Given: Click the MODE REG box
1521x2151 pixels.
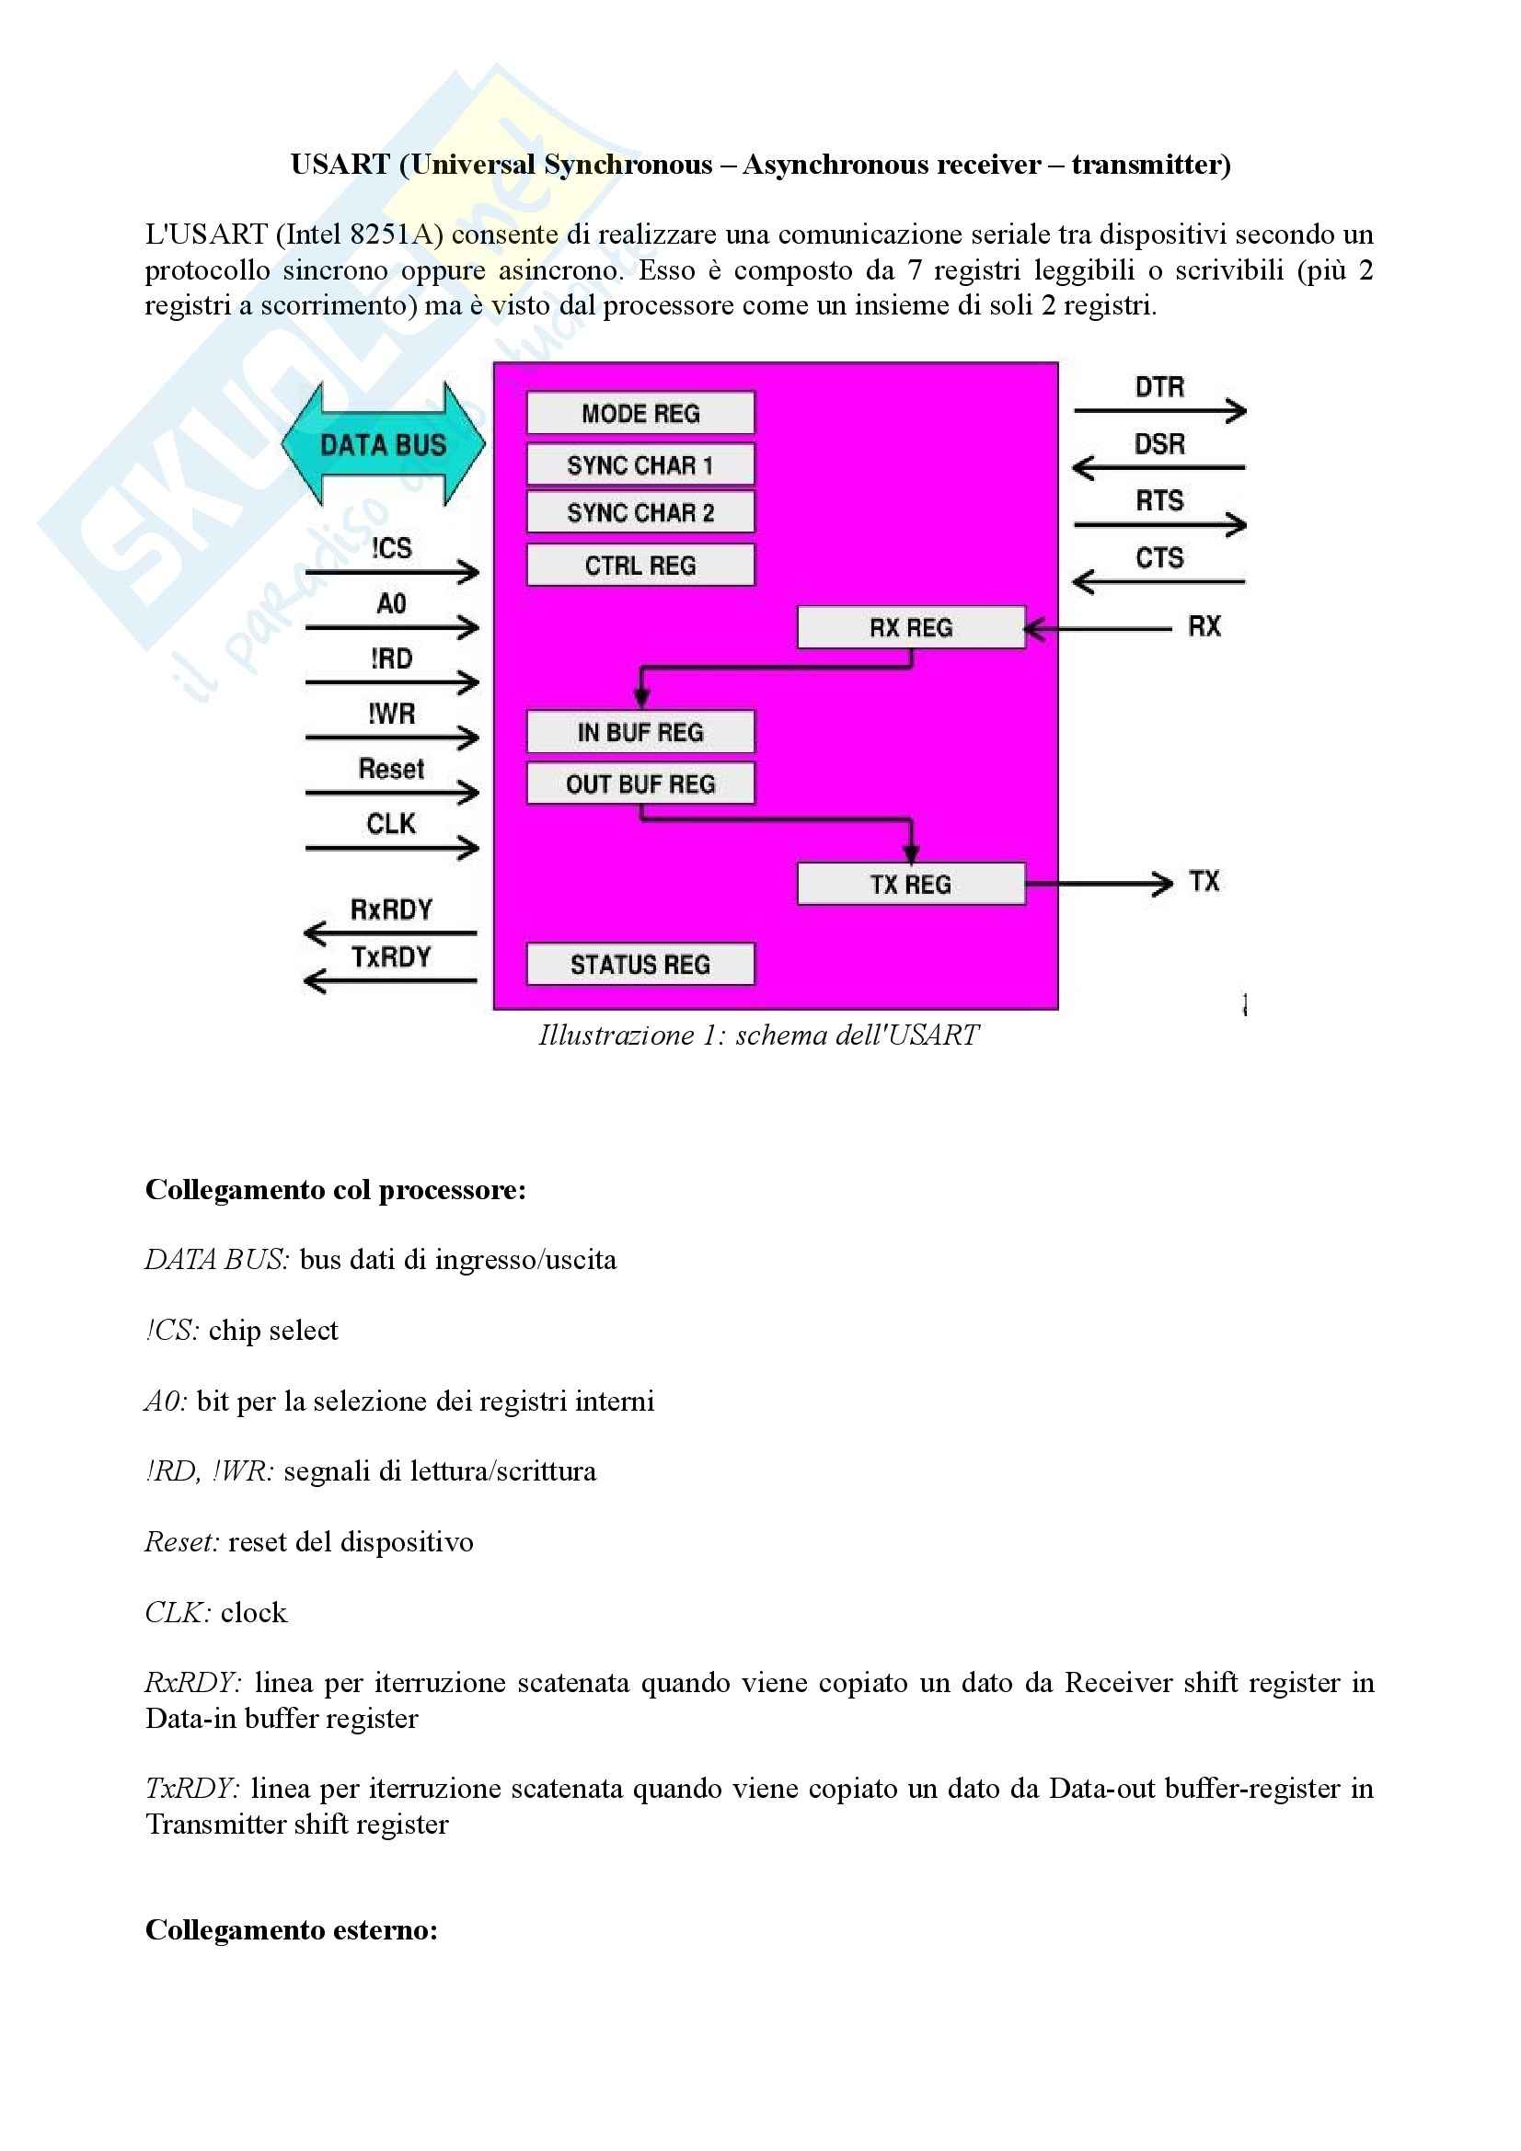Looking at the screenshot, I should pyautogui.click(x=640, y=413).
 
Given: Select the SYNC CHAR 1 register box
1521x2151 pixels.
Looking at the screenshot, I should pyautogui.click(x=640, y=464).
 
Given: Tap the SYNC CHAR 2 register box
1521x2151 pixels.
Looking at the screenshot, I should pyautogui.click(x=640, y=512).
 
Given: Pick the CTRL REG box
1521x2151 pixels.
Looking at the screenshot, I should pyautogui.click(x=640, y=565).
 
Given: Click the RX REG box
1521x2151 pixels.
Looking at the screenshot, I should pyautogui.click(x=910, y=628).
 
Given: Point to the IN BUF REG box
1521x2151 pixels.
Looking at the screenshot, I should pyautogui.click(x=640, y=732).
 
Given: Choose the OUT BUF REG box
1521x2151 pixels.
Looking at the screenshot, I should pyautogui.click(x=640, y=784).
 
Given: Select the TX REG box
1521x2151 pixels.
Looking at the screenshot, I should pyautogui.click(x=910, y=884).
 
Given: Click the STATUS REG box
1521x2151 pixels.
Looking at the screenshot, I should pyautogui.click(x=640, y=964).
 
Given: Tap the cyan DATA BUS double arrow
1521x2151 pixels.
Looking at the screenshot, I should pyautogui.click(x=384, y=444).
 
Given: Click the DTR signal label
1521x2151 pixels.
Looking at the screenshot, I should pyautogui.click(x=1159, y=387).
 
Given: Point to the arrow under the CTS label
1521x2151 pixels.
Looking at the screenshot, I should pyautogui.click(x=1158, y=583).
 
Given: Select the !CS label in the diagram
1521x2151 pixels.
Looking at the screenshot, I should pyautogui.click(x=391, y=548).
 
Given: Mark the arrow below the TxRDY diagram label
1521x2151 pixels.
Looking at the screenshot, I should pyautogui.click(x=390, y=981).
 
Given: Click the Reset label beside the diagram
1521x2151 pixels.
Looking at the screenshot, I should pyautogui.click(x=391, y=769).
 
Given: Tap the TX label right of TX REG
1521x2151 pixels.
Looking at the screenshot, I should pyautogui.click(x=1204, y=882).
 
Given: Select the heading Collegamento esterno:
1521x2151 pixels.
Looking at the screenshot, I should pyautogui.click(x=292, y=1930).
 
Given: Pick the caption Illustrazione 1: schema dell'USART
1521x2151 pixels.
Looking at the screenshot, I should pyautogui.click(x=758, y=1035).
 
